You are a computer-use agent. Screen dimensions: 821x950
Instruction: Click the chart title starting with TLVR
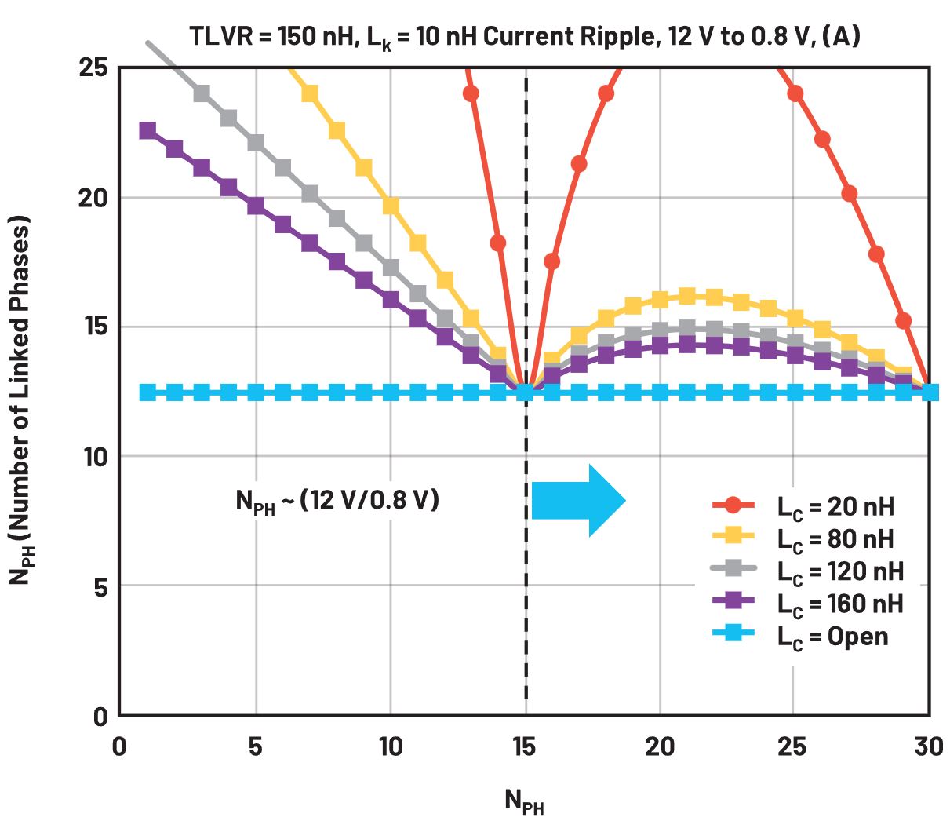(x=524, y=37)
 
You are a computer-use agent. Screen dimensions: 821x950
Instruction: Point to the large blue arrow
(x=578, y=500)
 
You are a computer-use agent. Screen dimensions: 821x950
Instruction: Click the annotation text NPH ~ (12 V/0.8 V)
(x=337, y=500)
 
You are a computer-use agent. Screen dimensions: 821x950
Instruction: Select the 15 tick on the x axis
(x=525, y=746)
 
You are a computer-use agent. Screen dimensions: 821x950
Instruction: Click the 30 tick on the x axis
(x=929, y=746)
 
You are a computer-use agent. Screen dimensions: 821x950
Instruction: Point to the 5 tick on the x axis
(x=255, y=746)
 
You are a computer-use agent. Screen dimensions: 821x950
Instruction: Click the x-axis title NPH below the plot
(x=524, y=801)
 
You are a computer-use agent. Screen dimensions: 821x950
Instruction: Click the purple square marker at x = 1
(x=147, y=130)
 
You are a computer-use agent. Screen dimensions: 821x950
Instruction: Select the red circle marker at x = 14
(x=498, y=243)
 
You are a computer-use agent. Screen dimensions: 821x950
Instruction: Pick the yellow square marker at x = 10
(x=391, y=206)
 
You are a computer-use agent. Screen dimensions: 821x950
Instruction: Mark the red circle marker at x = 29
(x=903, y=320)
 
